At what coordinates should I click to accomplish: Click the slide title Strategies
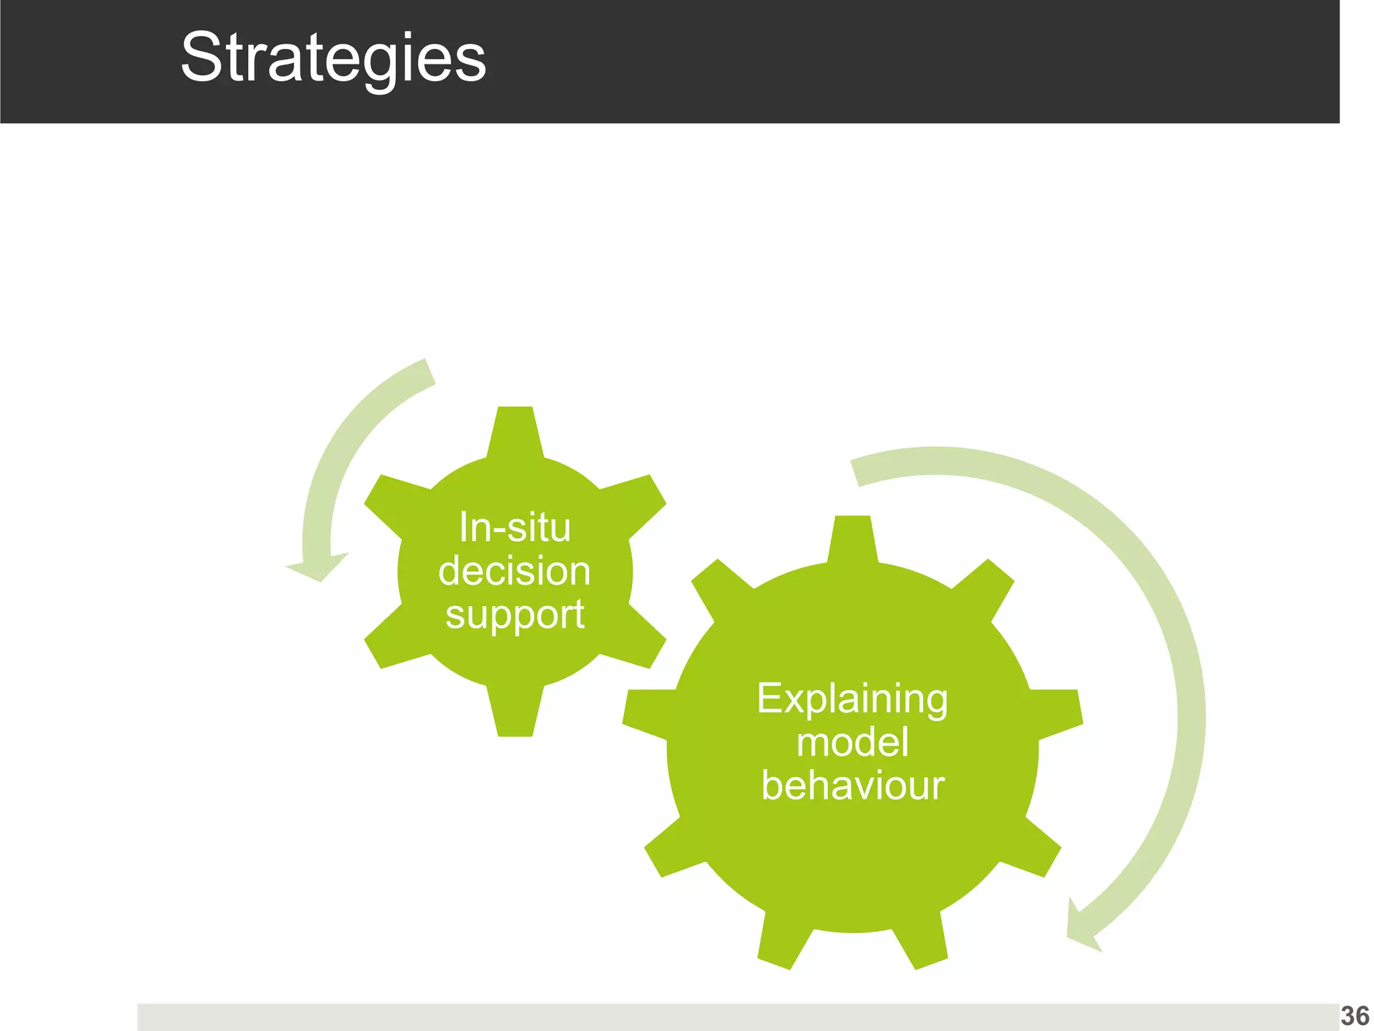click(x=333, y=59)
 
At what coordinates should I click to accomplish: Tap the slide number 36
click(x=1355, y=1016)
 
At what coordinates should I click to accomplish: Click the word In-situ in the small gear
click(x=515, y=528)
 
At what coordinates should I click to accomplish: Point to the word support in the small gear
click(x=515, y=614)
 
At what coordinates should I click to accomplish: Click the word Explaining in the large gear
click(x=852, y=699)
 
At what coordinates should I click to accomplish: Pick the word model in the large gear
click(x=852, y=742)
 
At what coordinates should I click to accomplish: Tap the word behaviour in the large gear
click(x=852, y=785)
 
